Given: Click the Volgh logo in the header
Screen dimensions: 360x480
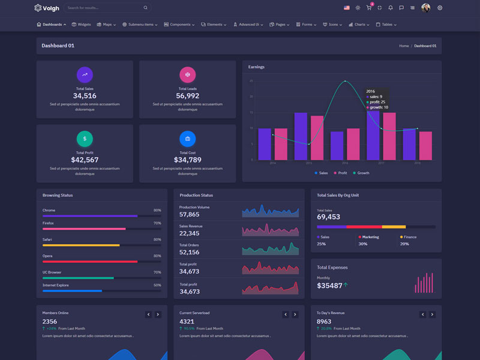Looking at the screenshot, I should click(46, 8).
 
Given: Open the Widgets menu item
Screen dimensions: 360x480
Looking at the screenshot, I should click(82, 25).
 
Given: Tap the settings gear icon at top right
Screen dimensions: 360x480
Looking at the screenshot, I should click(440, 8).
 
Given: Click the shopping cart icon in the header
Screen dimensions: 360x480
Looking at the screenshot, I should click(369, 8).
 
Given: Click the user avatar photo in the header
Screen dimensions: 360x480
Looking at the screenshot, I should click(426, 8).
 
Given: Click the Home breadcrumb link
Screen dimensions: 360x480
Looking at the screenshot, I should click(404, 46).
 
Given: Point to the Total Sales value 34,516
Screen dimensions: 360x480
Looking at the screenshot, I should click(85, 96).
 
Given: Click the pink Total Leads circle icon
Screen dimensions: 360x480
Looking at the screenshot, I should click(187, 75).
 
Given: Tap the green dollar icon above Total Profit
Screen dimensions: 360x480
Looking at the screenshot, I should click(85, 139).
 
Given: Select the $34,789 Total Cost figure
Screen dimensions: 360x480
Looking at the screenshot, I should click(187, 160).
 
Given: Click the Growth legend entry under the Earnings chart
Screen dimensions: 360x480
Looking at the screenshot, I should click(361, 173).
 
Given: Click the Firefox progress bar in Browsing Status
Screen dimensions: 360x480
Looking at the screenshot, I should click(84, 229).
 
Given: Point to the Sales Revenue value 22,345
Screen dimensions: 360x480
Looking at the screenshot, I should click(190, 233).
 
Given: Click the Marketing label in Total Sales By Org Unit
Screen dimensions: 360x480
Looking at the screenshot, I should click(370, 237).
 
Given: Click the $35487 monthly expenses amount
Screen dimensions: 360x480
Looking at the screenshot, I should click(329, 286).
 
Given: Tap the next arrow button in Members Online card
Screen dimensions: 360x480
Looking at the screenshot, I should click(158, 314).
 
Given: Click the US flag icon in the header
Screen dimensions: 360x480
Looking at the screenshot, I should click(347, 8).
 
